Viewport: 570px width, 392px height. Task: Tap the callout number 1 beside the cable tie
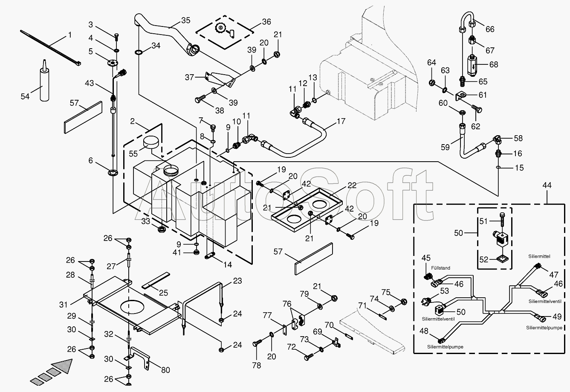[x=70, y=35]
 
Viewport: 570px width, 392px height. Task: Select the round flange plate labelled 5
[x=113, y=64]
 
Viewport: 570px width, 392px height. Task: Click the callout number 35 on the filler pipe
[x=186, y=20]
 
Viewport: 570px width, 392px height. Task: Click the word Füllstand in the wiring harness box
[x=440, y=268]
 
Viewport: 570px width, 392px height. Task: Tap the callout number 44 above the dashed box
[x=547, y=185]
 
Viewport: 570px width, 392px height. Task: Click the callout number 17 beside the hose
[x=341, y=121]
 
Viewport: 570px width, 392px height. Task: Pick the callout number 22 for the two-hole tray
[x=352, y=185]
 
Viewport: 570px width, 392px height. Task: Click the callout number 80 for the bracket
[x=165, y=370]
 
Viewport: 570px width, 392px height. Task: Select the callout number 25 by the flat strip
[x=163, y=293]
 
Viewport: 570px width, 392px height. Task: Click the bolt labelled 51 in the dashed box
[x=502, y=220]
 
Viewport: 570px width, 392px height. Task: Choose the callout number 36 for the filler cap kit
[x=266, y=22]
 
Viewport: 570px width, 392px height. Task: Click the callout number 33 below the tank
[x=146, y=221]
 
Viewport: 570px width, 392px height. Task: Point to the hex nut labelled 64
[x=431, y=82]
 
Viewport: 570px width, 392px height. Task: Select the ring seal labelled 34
[x=139, y=52]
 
